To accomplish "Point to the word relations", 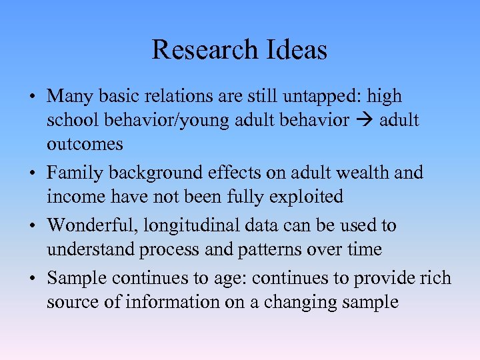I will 176,96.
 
